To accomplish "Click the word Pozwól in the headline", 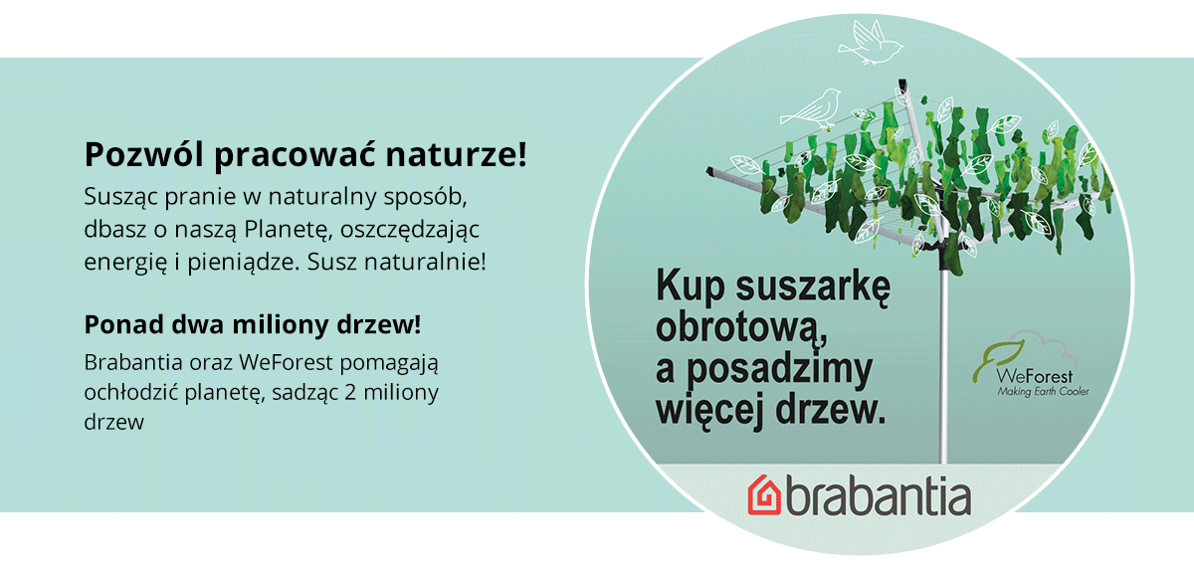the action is coord(144,154).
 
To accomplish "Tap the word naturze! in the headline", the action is coord(457,154).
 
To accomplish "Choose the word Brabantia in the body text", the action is coord(133,362).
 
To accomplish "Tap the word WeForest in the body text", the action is coord(287,362).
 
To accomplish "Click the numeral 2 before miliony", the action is coord(350,393).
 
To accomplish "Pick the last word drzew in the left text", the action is coord(114,422).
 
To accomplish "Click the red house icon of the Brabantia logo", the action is coord(764,495).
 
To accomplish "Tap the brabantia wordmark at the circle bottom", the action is coord(879,496).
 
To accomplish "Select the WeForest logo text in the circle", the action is coord(1034,376).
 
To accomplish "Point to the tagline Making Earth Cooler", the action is coord(1043,392).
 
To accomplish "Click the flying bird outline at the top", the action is coord(870,43).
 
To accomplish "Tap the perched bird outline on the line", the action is coord(811,109).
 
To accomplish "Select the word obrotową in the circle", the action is coord(741,328).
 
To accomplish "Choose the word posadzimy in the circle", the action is coord(779,370).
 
